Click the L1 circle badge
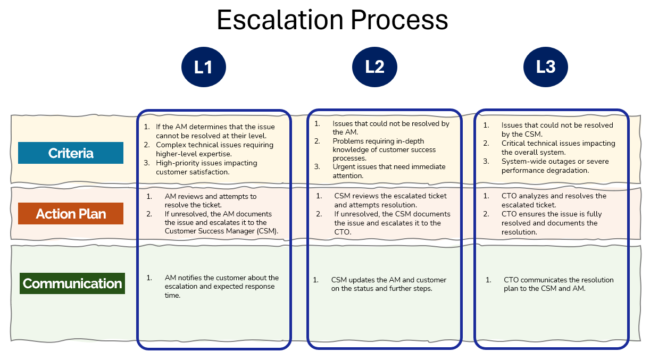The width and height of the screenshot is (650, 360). [203, 67]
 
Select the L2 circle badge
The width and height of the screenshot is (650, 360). [374, 67]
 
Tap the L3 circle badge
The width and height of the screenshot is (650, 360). [545, 67]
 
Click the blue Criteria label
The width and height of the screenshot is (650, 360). [71, 153]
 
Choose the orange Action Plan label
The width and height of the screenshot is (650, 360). [71, 214]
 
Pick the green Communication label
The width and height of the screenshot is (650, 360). [72, 283]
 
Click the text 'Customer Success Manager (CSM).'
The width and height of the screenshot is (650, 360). [222, 231]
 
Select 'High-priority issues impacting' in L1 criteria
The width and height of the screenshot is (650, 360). [206, 163]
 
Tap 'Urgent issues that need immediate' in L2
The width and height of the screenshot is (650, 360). [389, 166]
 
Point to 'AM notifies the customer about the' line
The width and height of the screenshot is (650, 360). [221, 278]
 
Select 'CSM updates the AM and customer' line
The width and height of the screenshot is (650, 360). [388, 280]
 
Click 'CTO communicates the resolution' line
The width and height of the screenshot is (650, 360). [559, 280]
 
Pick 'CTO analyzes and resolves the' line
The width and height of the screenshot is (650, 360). [554, 196]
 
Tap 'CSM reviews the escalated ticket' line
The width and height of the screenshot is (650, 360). [390, 196]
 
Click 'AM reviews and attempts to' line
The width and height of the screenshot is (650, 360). [210, 196]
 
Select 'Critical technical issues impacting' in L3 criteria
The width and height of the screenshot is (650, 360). [558, 143]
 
